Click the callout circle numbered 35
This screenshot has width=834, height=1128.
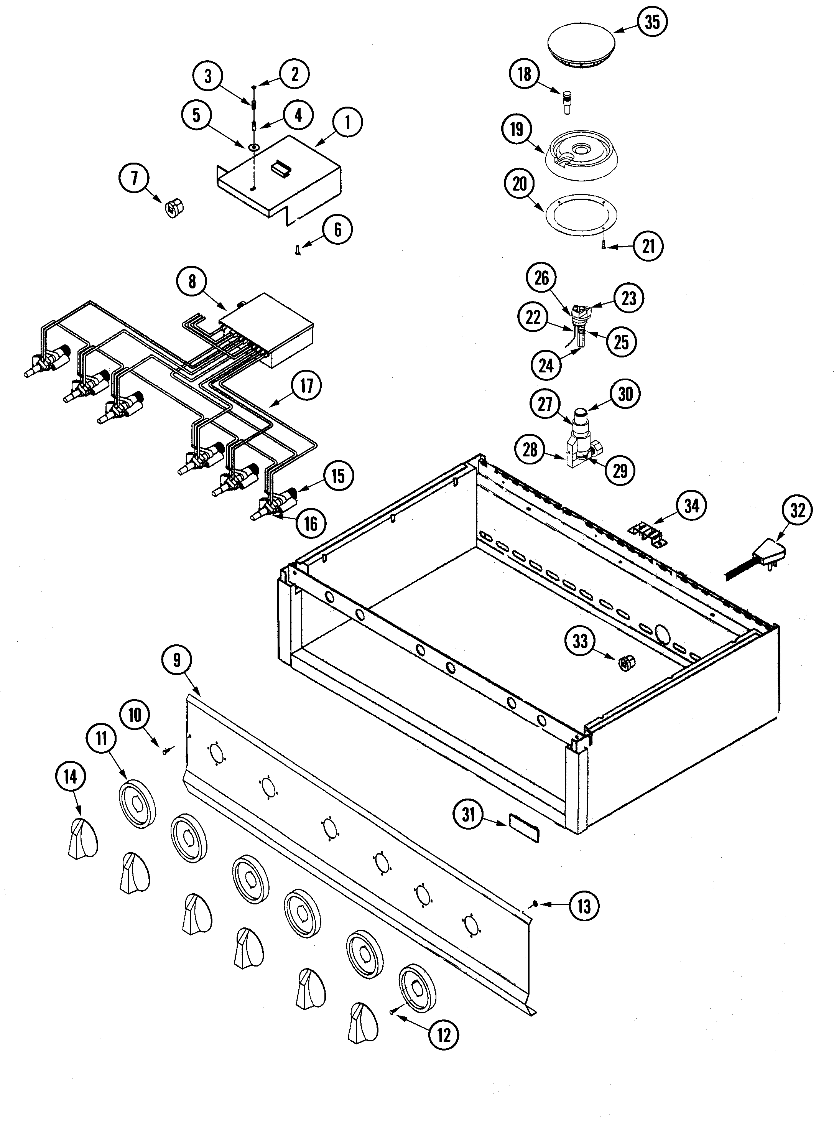652,22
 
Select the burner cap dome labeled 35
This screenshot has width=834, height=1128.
581,45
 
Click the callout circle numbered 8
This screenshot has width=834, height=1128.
192,281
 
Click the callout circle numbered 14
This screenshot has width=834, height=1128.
71,777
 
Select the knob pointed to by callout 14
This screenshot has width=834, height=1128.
82,839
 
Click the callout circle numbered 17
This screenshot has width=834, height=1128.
307,386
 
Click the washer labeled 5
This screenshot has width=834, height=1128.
254,147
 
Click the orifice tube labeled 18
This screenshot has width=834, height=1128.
568,102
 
